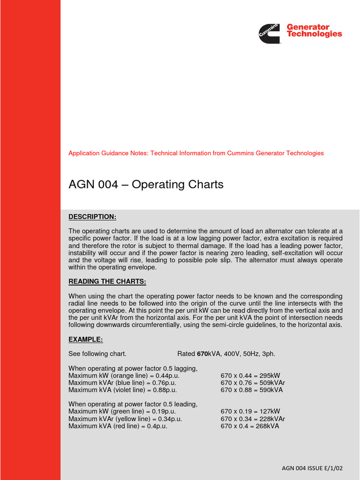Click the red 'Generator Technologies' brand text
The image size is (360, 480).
314,30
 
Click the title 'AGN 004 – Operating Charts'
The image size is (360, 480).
146,185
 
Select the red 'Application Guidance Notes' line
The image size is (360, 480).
196,153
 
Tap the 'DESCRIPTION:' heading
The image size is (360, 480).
92,217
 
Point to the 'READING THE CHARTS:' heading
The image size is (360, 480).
107,282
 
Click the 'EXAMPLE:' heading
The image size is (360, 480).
86,339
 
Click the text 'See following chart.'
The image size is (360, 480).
97,353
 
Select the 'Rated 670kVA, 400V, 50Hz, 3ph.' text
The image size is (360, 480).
226,353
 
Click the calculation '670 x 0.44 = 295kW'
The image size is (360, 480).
250,375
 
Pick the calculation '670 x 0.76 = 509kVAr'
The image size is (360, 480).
253,382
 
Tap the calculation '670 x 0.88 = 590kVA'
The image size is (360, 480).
252,390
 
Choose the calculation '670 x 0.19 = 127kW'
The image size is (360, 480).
250,412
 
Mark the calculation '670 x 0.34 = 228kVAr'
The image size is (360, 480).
253,419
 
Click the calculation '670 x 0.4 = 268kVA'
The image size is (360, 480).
250,426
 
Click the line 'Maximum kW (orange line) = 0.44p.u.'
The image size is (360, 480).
124,375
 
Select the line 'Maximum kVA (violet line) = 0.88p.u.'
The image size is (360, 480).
123,390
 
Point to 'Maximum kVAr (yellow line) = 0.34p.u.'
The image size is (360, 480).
125,419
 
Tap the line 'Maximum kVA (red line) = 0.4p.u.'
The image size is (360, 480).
118,426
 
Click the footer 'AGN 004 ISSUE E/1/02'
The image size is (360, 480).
313,468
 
